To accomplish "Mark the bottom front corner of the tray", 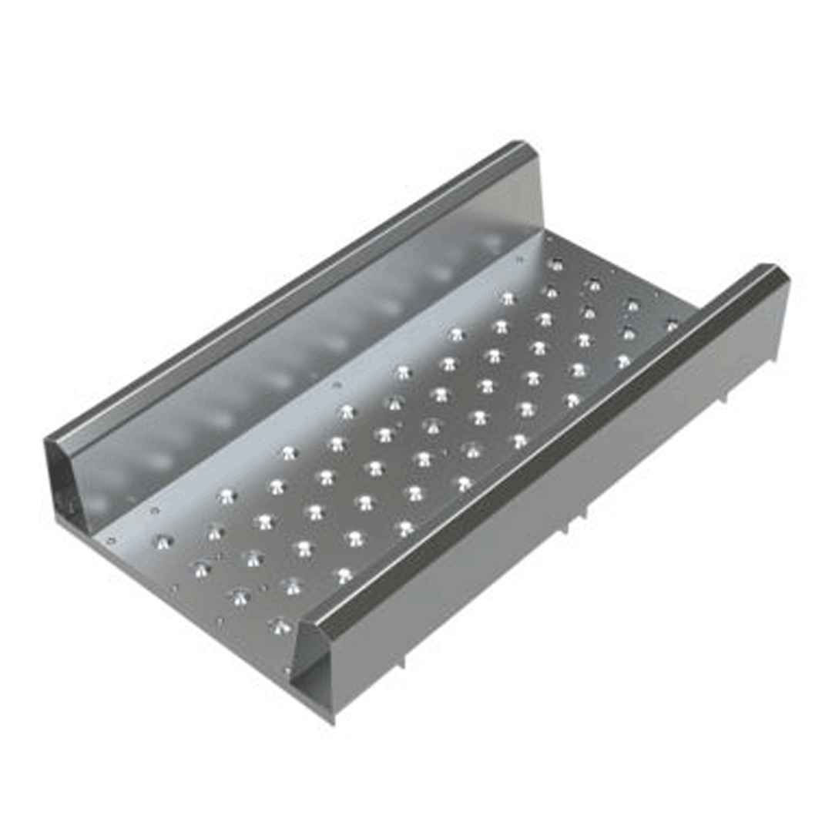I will tap(334, 720).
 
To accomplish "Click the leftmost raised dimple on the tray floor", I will tap(163, 542).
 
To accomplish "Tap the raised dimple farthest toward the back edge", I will tap(555, 265).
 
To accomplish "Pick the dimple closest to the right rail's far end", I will tap(672, 325).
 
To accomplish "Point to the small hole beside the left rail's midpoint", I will tap(335, 384).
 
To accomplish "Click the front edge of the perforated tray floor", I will tap(193, 609).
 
